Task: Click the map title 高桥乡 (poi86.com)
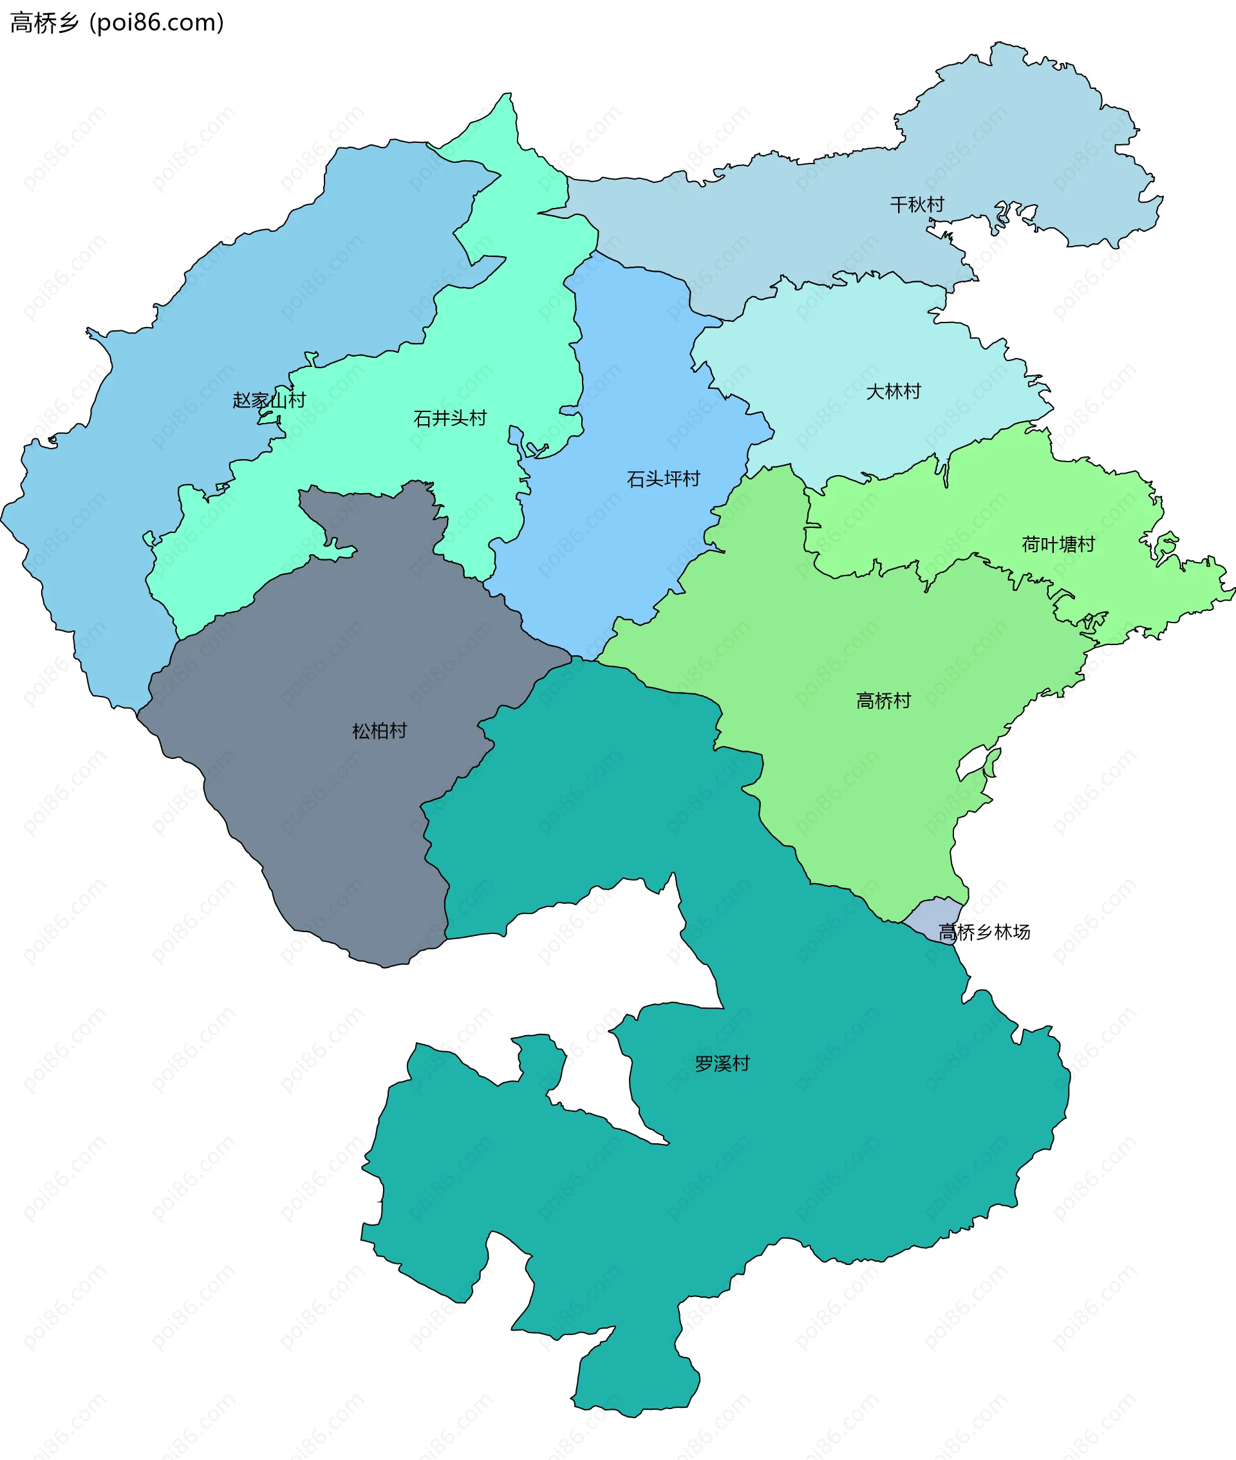(117, 23)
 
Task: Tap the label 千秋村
(917, 205)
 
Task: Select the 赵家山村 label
(269, 400)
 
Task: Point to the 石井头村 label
(450, 418)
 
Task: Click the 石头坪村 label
(663, 479)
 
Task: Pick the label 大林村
(894, 391)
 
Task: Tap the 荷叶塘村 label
(1058, 545)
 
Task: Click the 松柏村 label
(379, 731)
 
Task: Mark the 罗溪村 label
(722, 1063)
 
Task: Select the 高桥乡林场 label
(984, 931)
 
